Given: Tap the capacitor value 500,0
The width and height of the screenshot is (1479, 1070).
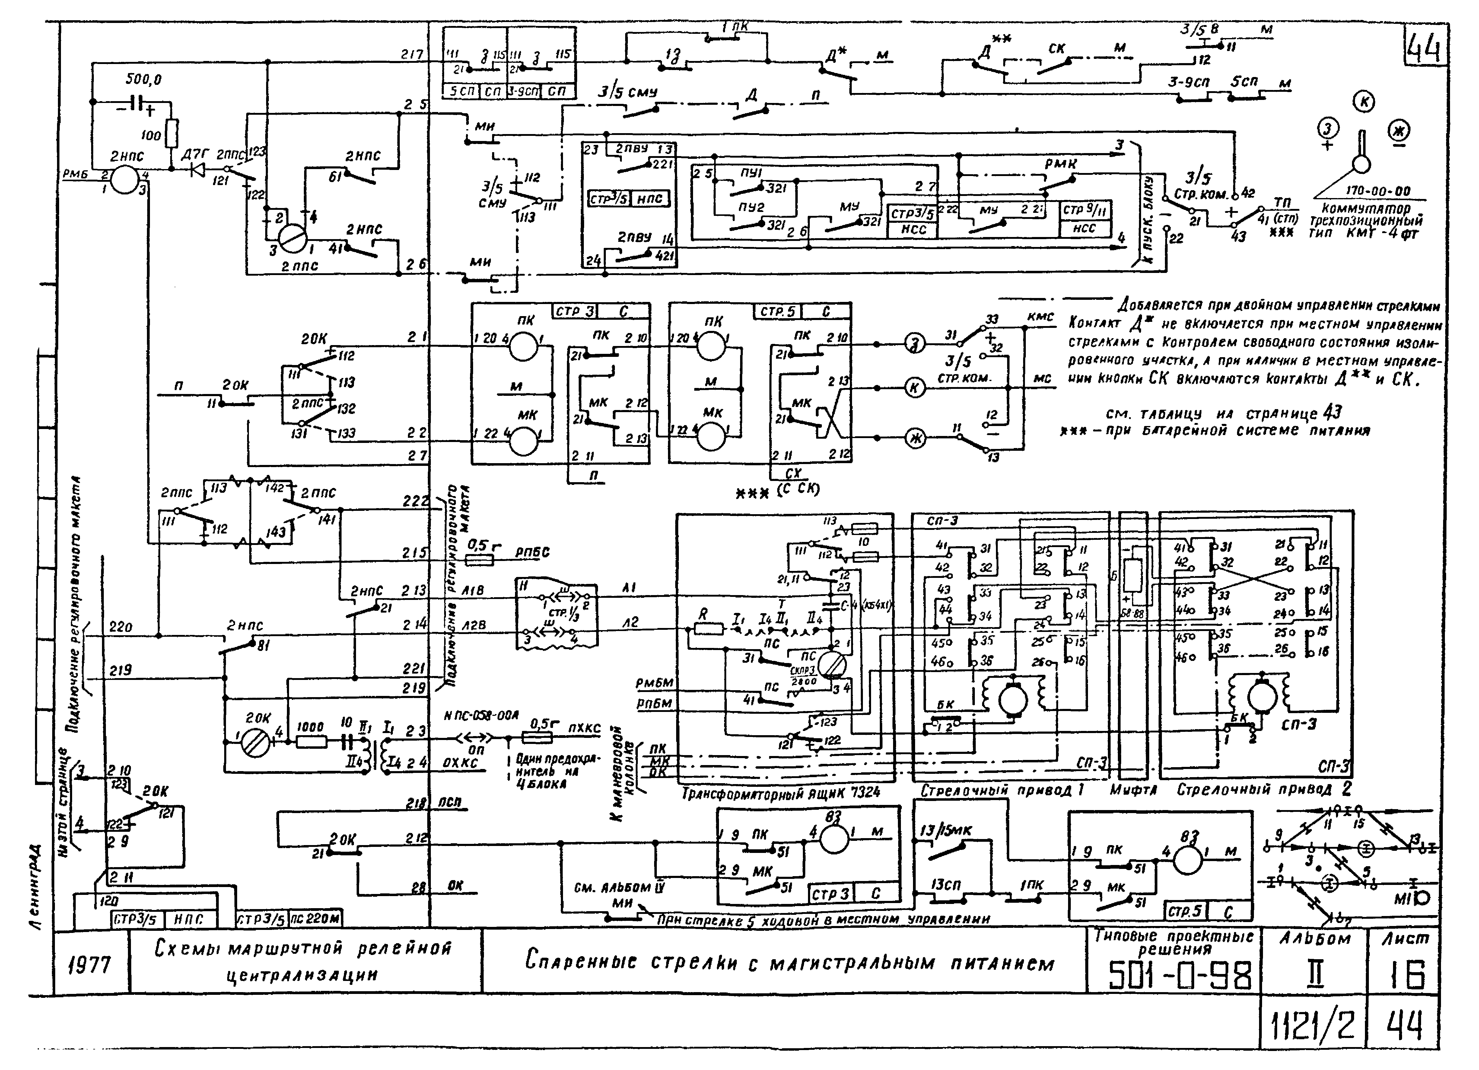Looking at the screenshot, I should [144, 80].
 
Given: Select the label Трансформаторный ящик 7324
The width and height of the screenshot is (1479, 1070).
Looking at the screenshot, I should [781, 793].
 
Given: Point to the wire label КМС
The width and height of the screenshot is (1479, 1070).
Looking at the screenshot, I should [1040, 316].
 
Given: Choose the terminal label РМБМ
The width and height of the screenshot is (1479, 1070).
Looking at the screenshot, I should [654, 683].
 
